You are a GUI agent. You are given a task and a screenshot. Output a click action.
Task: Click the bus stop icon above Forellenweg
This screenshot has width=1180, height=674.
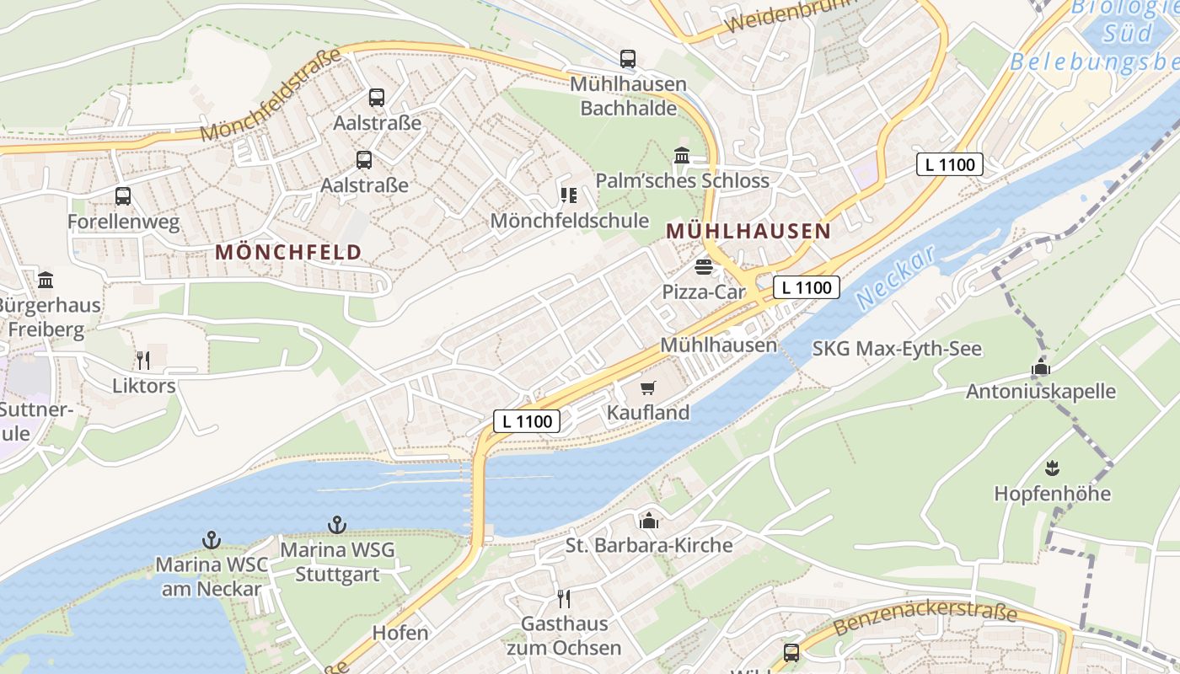pos(123,196)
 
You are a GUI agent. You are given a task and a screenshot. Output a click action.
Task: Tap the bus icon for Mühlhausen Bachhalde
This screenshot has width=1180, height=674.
pos(628,59)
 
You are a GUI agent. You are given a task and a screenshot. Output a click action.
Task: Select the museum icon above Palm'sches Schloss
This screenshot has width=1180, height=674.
pos(682,156)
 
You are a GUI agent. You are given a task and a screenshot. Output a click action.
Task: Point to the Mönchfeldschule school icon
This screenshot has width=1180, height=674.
pos(569,195)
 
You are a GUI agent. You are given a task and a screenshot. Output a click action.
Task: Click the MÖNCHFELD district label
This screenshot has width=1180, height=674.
pos(288,252)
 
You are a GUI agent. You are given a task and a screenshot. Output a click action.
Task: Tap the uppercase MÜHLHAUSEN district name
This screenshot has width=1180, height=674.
pos(748,231)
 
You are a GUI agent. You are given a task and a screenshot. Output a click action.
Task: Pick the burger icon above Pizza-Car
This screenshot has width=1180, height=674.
pos(704,267)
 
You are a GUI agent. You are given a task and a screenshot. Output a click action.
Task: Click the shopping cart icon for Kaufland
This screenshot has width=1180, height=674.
pos(647,388)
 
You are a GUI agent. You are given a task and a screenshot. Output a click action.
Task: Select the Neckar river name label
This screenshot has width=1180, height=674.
pos(895,277)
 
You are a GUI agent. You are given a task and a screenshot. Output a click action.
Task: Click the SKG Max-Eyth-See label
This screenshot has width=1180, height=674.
pos(897,349)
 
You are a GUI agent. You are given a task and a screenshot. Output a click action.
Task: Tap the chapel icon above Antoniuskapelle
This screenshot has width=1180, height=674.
pos(1041,367)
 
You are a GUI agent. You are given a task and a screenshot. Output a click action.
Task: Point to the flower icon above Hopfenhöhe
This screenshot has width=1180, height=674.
pos(1052,468)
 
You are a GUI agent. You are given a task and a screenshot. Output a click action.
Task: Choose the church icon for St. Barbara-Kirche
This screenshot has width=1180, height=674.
pos(648,521)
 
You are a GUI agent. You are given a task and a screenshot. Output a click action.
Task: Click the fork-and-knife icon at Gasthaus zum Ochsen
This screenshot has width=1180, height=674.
pos(564,599)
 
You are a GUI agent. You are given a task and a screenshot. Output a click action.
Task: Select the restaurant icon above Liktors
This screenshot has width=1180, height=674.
pos(143,361)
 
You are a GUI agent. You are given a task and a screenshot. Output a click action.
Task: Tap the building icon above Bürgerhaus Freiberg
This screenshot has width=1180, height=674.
pos(46,280)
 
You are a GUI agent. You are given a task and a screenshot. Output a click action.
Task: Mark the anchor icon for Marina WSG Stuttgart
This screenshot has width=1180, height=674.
pos(337,525)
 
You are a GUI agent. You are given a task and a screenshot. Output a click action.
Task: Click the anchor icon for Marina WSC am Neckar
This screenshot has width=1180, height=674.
pos(211,539)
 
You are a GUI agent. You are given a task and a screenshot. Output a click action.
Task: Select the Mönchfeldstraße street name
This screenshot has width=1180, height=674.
pos(271,94)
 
